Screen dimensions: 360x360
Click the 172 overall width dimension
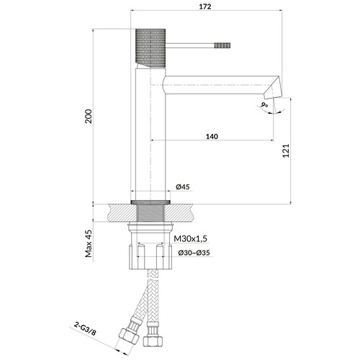tap(205, 6)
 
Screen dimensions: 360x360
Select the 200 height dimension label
tap(89, 116)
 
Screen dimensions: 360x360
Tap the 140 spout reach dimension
tap(212, 137)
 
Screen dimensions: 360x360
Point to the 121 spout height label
tap(286, 150)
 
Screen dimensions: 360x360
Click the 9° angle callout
tap(264, 105)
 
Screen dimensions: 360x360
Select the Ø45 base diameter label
tap(183, 186)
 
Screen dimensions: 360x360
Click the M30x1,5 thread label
tap(190, 239)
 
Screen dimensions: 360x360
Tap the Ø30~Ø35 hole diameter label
tap(194, 253)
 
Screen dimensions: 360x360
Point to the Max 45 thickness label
tap(89, 243)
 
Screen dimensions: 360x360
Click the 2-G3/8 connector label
tap(85, 328)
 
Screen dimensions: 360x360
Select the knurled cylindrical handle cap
tap(150, 48)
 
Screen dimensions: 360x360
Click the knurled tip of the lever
tap(222, 45)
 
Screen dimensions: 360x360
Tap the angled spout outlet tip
tap(274, 88)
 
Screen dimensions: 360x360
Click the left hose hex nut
tap(129, 336)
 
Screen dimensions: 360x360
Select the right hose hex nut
tap(153, 341)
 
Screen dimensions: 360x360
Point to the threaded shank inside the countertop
tap(150, 212)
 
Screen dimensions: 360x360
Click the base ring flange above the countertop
tap(150, 202)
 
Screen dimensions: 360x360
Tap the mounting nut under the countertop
tap(150, 246)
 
